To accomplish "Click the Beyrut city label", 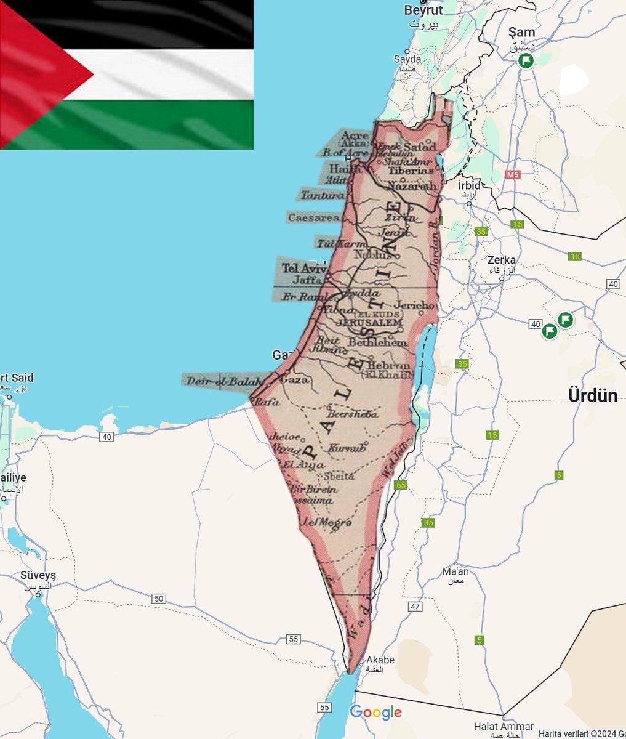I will click(x=424, y=10).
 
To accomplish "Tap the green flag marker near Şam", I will click(x=525, y=60).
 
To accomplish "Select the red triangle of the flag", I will click(x=37, y=75).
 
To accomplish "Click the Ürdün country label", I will click(x=593, y=395).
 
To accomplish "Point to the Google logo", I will click(x=375, y=713).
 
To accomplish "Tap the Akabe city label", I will click(x=379, y=660).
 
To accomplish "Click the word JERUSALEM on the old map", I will click(x=370, y=323).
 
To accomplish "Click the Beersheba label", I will click(x=353, y=414).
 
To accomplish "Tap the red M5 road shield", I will click(x=513, y=175).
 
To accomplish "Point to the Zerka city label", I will click(x=501, y=260).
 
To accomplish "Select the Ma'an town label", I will click(x=455, y=572).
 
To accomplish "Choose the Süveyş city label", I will click(x=38, y=575).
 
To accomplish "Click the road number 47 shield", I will click(x=415, y=607).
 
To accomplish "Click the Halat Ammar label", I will click(x=504, y=727).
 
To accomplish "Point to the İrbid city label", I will click(x=469, y=186).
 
